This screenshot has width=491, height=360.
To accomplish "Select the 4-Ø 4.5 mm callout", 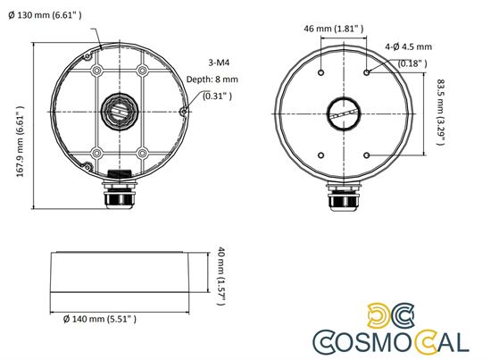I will [408, 46].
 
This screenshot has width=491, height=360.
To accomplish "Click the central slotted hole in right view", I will [344, 113].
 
